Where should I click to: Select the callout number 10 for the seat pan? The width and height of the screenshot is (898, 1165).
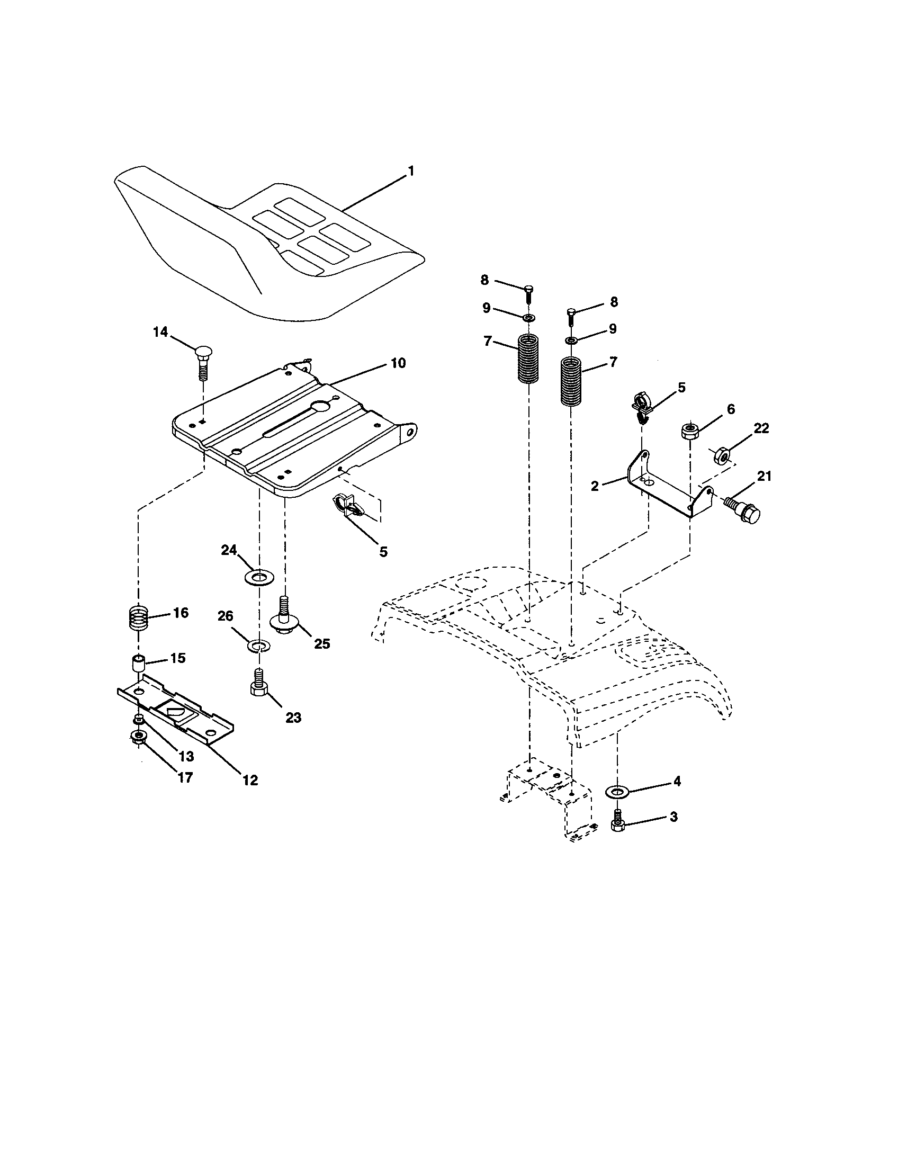pos(398,363)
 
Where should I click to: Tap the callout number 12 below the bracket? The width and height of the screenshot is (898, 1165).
pos(250,781)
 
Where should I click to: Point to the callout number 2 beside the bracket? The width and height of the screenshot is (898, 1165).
pos(595,486)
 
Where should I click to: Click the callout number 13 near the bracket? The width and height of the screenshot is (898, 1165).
pos(186,756)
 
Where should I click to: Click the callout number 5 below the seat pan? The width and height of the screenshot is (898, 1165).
pos(383,552)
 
